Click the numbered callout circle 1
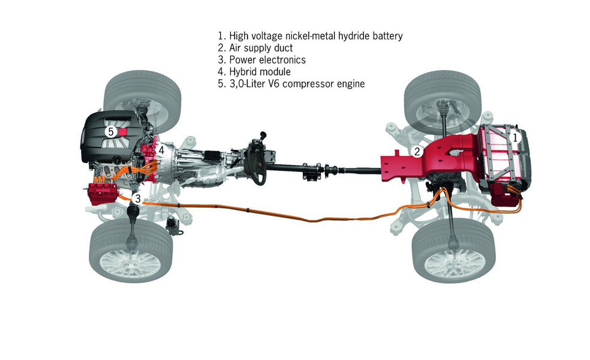[514, 137]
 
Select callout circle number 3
[138, 198]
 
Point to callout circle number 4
[161, 150]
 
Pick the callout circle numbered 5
[110, 131]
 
